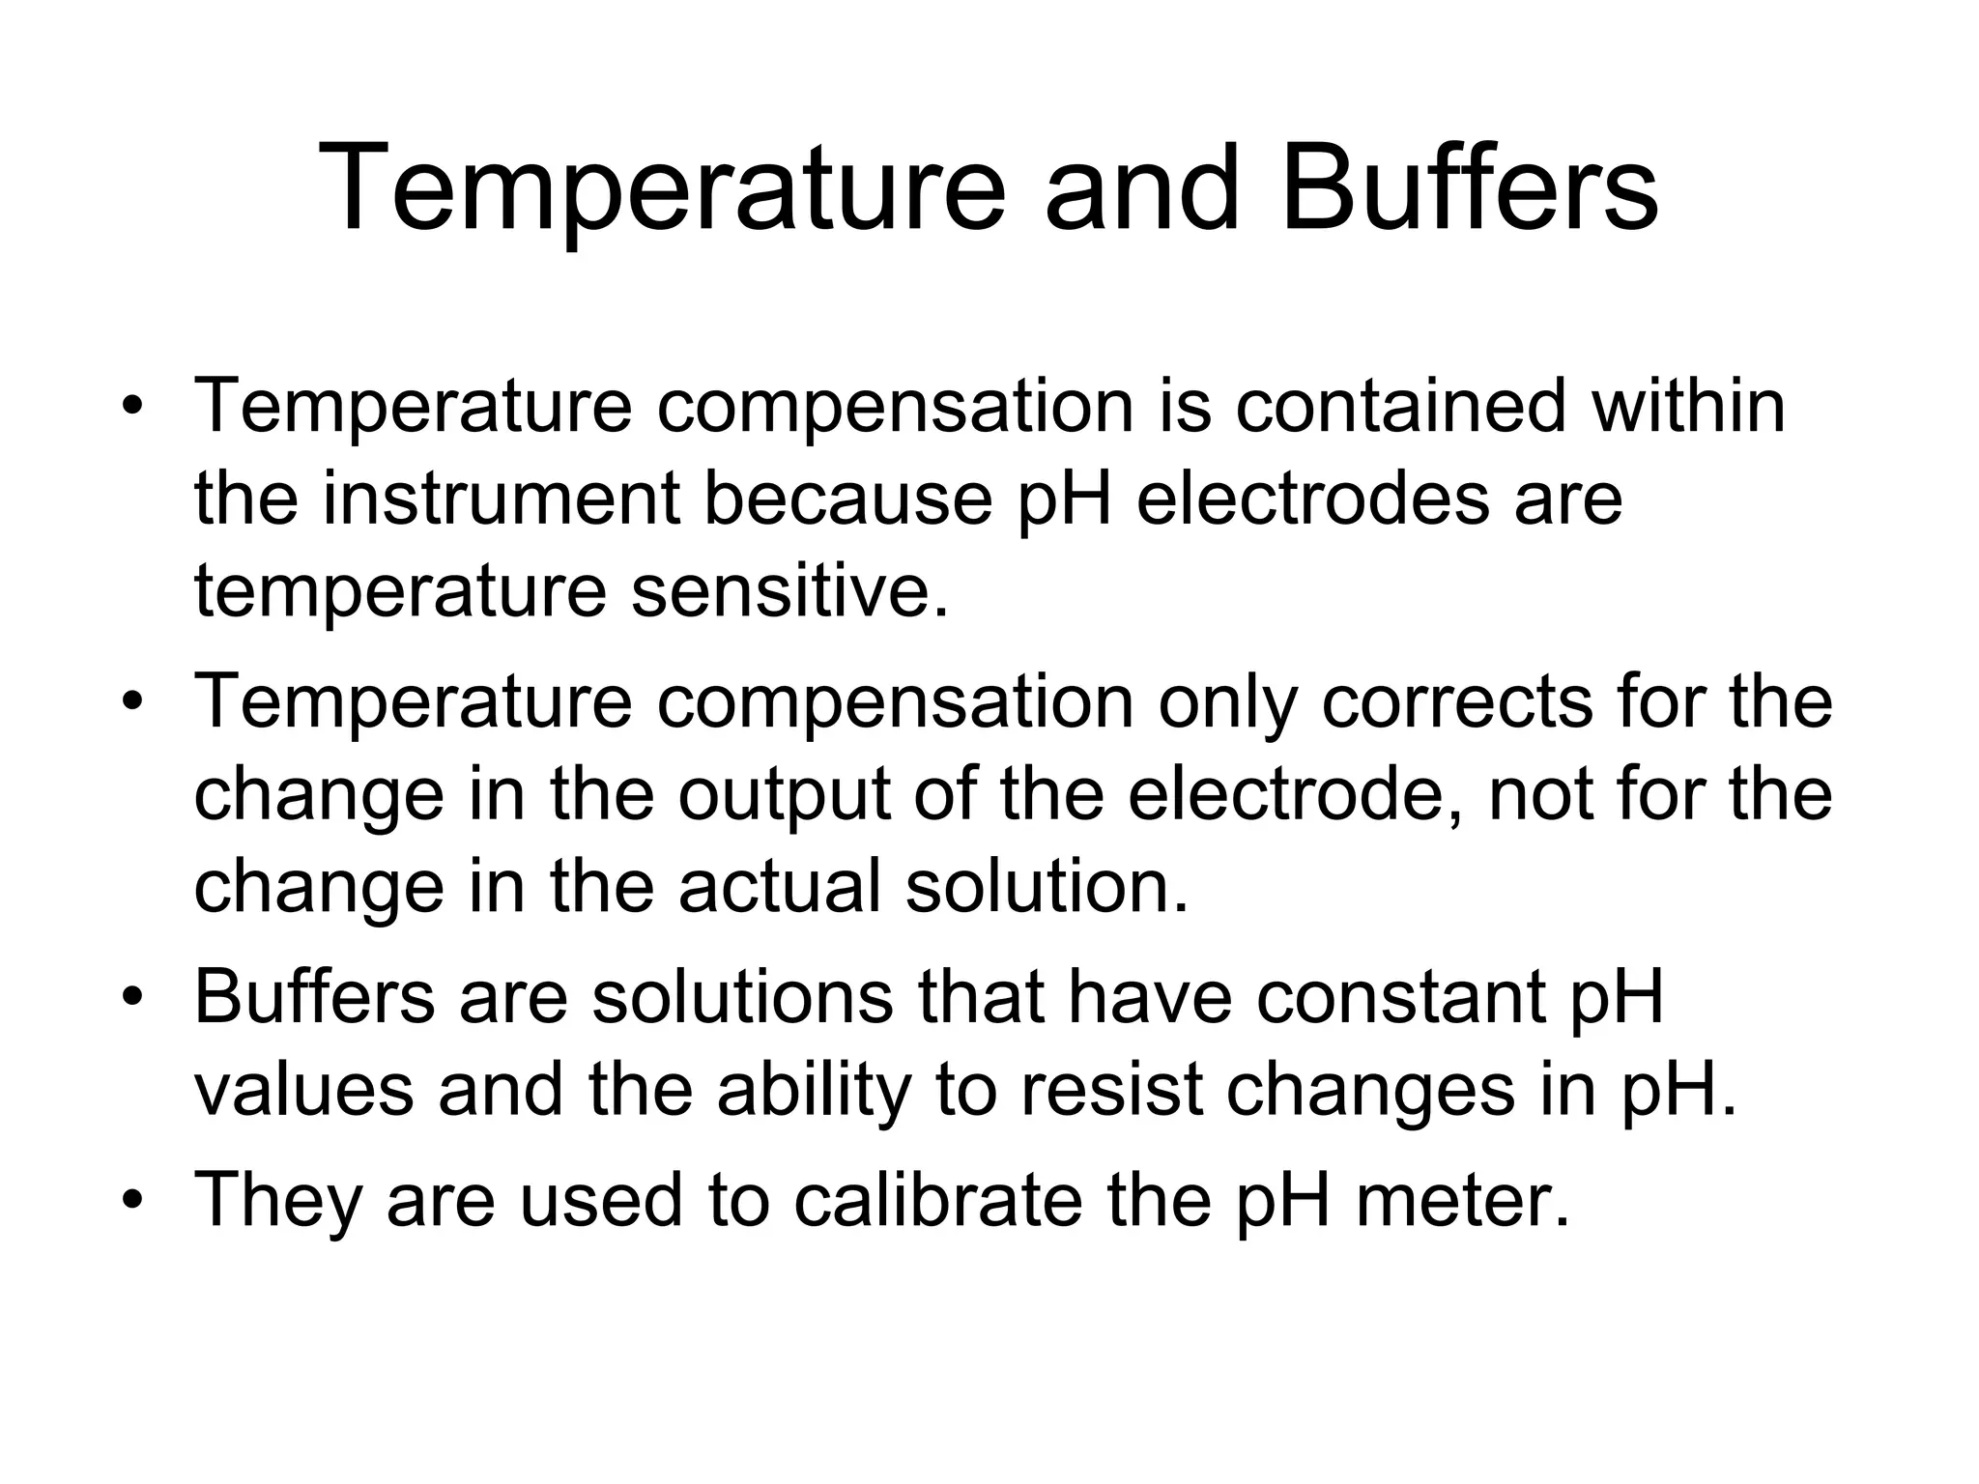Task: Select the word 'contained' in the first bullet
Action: (1401, 406)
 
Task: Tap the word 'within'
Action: (1688, 406)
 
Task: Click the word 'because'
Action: (848, 499)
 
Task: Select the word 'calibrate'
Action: (937, 1200)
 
